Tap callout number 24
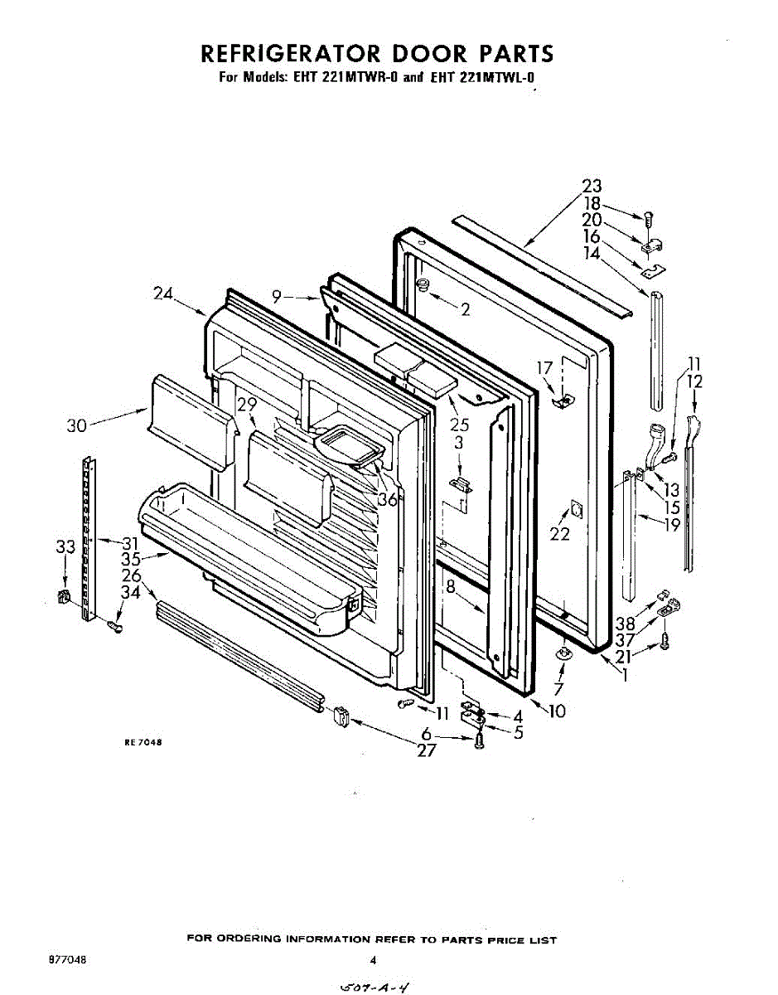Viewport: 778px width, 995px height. (164, 293)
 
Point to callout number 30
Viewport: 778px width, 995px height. (76, 425)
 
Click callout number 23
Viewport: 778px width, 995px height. (592, 187)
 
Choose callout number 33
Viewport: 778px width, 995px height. (65, 546)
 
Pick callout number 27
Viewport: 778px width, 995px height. (426, 751)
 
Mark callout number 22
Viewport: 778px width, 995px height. (560, 534)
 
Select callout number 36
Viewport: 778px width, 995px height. (388, 499)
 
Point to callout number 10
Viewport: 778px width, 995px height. (557, 711)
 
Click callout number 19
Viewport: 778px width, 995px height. (671, 524)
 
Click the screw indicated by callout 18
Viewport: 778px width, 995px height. (649, 218)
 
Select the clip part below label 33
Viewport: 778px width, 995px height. (62, 596)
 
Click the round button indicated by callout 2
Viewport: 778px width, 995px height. (423, 285)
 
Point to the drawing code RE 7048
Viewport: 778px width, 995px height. (142, 743)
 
